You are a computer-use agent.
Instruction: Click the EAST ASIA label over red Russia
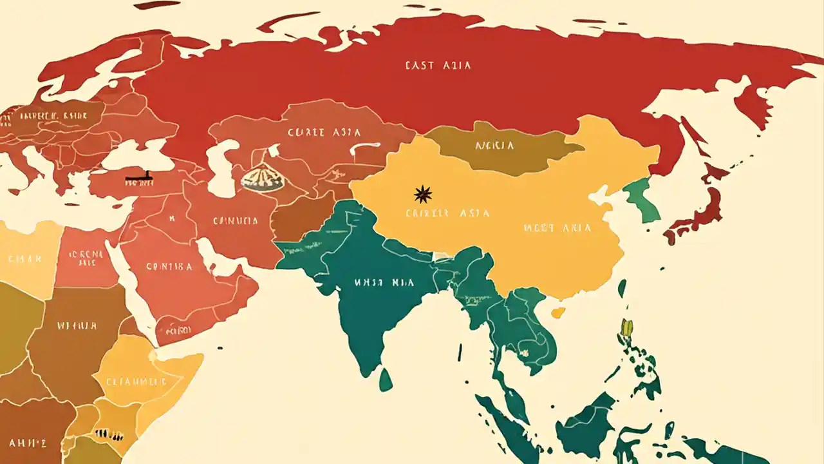point(438,65)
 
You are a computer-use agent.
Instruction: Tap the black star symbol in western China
point(423,193)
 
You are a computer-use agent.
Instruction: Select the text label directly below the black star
point(448,213)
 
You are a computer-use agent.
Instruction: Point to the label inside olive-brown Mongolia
point(494,146)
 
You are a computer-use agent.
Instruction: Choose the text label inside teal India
point(375,282)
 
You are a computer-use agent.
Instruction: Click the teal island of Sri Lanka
point(386,380)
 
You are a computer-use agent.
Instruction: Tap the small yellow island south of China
point(558,313)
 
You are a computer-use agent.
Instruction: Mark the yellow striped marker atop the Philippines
point(626,327)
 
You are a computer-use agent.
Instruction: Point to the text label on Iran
point(235,221)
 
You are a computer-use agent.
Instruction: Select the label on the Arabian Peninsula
point(169,266)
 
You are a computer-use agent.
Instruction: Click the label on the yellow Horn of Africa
point(135,380)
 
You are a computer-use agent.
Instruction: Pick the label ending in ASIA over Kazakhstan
point(324,133)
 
